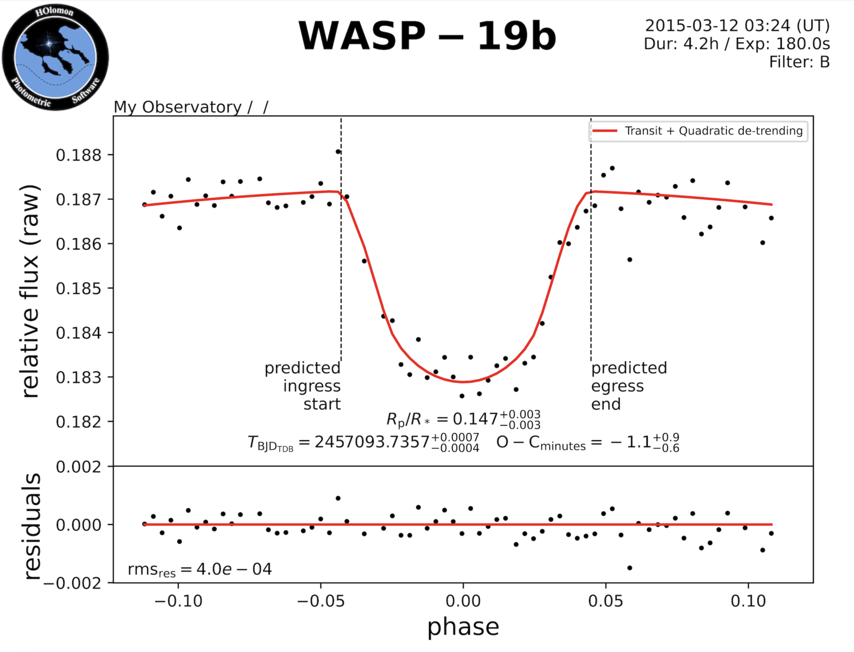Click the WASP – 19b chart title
click(427, 36)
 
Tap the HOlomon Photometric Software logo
click(55, 57)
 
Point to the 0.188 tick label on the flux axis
click(79, 155)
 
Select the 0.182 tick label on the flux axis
click(79, 422)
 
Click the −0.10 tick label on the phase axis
click(178, 601)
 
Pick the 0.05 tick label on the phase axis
click(605, 601)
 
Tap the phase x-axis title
click(463, 627)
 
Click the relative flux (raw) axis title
click(30, 291)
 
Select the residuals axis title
click(32, 526)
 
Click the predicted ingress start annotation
click(303, 386)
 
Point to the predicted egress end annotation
click(628, 386)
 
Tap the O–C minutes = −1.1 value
click(587, 443)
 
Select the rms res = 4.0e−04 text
click(200, 570)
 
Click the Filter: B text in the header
click(799, 62)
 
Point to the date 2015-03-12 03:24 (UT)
click(737, 26)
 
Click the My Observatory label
click(177, 107)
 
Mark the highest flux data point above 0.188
click(338, 151)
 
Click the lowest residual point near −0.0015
click(630, 568)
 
